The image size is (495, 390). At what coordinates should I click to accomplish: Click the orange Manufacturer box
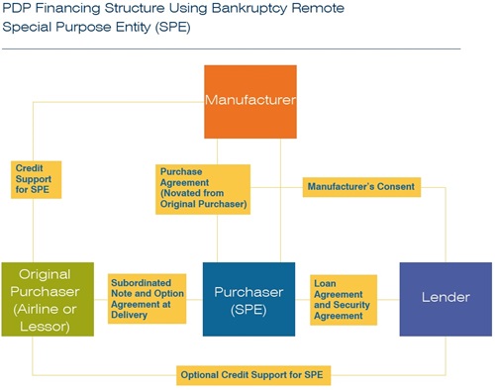pyautogui.click(x=249, y=101)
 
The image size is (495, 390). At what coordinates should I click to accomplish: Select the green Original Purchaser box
pyautogui.click(x=48, y=299)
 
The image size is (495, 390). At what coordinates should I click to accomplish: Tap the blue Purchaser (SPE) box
pyautogui.click(x=248, y=299)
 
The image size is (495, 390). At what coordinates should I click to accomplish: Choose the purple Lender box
pyautogui.click(x=445, y=299)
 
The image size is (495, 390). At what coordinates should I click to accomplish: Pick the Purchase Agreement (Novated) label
pyautogui.click(x=203, y=188)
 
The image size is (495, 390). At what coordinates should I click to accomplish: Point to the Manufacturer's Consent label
pyautogui.click(x=361, y=185)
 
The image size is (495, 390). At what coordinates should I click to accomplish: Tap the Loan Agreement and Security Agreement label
pyautogui.click(x=344, y=298)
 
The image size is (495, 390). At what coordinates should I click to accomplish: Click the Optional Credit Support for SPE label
pyautogui.click(x=253, y=375)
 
